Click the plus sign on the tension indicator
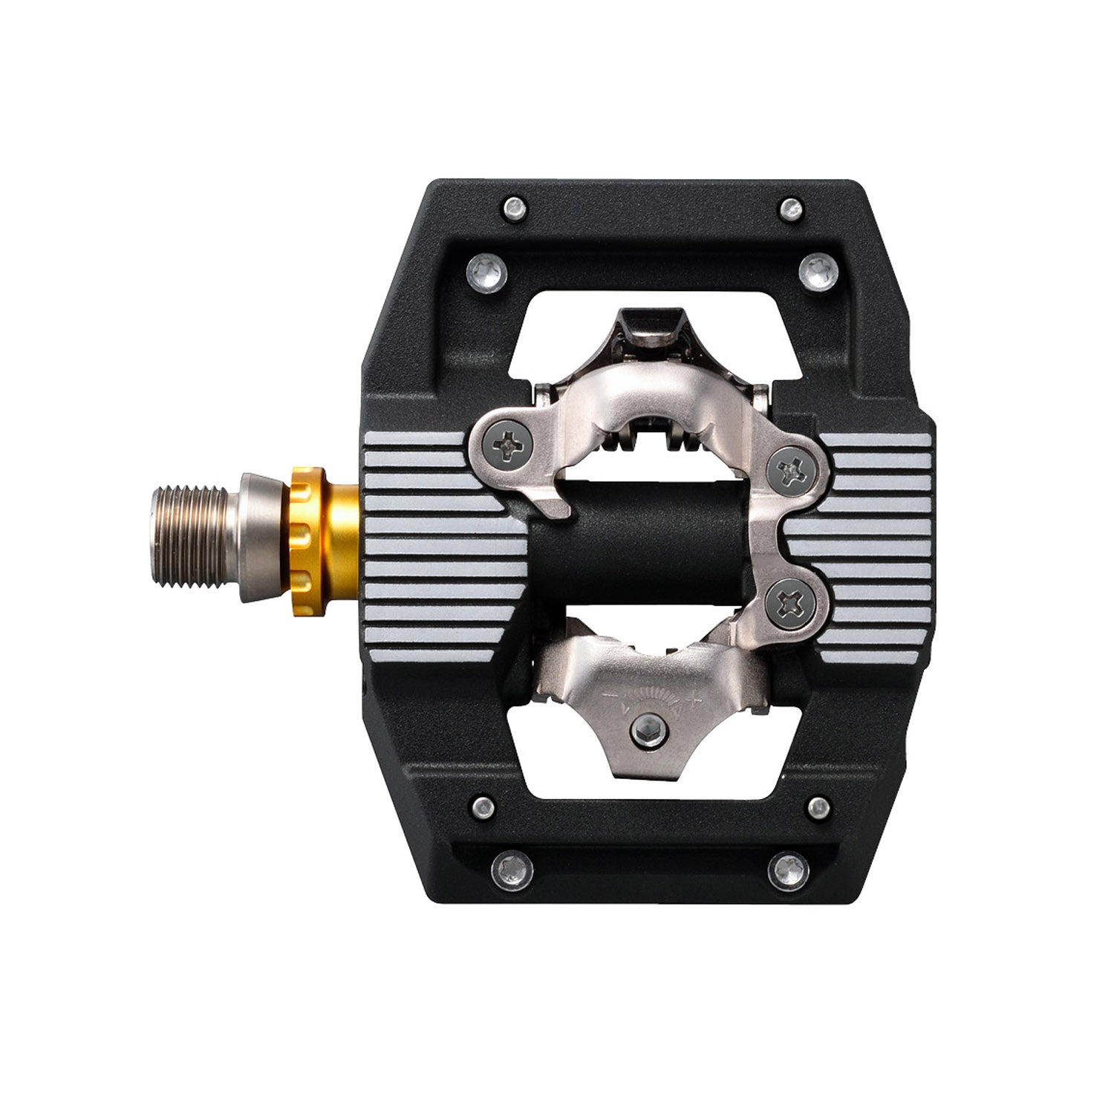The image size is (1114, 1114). tap(697, 697)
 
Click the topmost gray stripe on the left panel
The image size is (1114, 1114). tap(416, 440)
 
